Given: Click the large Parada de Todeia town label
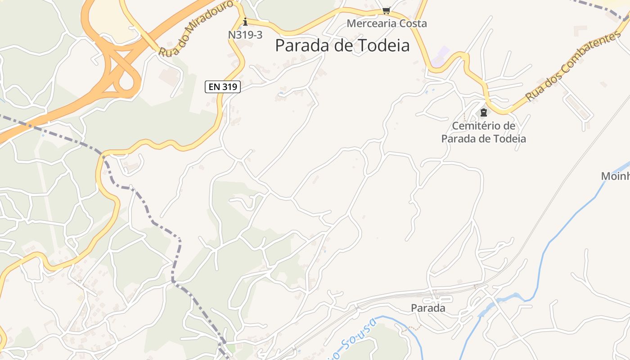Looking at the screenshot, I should (342, 45).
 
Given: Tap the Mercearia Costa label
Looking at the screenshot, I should (387, 23).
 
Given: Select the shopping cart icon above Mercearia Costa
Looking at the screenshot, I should (386, 10).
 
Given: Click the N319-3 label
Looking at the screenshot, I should (245, 35).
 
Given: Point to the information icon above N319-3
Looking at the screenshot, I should (245, 21).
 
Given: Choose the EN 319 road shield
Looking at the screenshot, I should (223, 87).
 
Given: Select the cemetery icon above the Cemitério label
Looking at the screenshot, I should (484, 112).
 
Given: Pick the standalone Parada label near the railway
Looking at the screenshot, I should (428, 308).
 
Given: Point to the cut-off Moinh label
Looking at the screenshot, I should (616, 176).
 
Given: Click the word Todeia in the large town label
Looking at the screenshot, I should (382, 45).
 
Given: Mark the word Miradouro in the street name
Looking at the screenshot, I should (209, 20).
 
